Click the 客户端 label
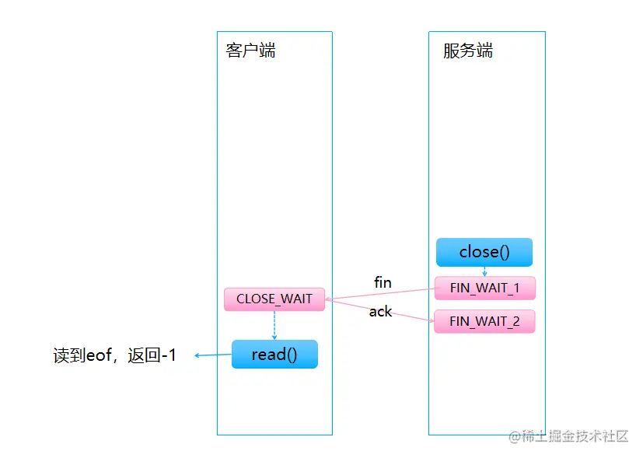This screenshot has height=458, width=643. click(250, 51)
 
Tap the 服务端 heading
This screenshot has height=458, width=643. click(468, 51)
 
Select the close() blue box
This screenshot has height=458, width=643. click(484, 252)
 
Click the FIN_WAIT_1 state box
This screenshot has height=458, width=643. click(484, 288)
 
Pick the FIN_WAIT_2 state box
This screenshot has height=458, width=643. click(484, 321)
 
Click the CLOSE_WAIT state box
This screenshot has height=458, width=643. click(274, 299)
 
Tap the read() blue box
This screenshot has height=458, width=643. click(274, 355)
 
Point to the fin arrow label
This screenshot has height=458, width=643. click(383, 282)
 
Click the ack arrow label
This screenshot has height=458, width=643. click(380, 312)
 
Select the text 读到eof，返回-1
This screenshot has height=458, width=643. click(114, 356)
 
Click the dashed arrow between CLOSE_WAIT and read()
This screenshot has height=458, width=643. click(274, 326)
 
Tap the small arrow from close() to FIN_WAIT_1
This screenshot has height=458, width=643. click(484, 271)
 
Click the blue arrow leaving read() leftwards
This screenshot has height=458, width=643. click(212, 355)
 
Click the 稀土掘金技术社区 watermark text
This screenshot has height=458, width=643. click(575, 436)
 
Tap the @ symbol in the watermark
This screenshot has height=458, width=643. click(514, 437)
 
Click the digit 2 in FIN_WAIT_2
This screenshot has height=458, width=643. click(517, 321)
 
